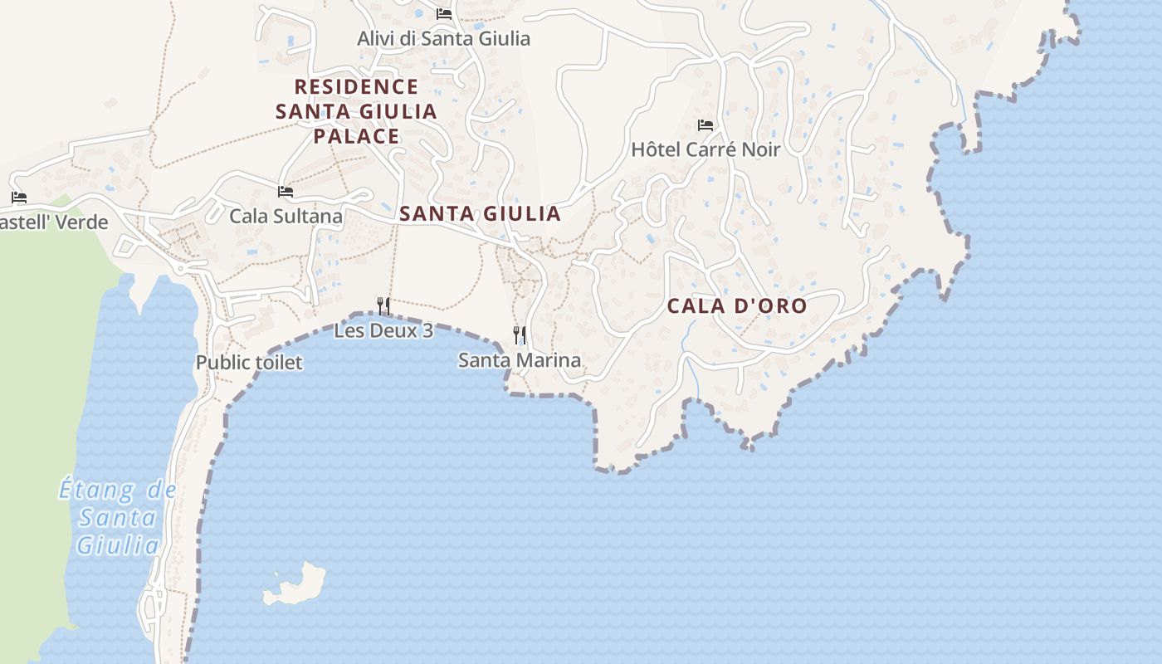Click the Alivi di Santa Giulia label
[443, 38]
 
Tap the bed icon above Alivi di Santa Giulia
[444, 13]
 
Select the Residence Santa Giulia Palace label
[356, 110]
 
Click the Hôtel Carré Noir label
[705, 149]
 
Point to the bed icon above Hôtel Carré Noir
[705, 125]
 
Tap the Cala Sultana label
[286, 216]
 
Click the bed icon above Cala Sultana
[286, 192]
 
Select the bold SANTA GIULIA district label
[480, 213]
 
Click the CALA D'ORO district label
[737, 305]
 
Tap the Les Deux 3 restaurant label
[383, 330]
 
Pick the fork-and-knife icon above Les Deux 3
[383, 306]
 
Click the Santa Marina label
[520, 360]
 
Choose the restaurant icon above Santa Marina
[520, 335]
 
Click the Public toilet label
[249, 362]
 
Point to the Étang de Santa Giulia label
[118, 517]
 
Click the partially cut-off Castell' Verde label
[54, 222]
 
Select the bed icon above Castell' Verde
[19, 198]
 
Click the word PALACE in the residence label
[356, 135]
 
